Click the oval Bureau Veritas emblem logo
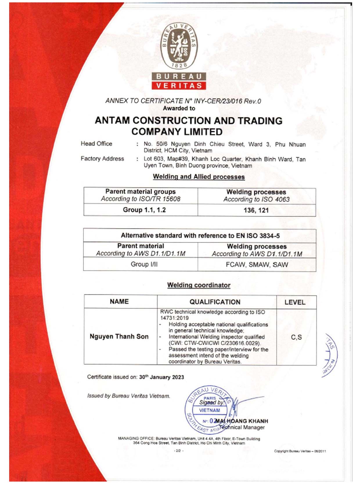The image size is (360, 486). pyautogui.click(x=179, y=46)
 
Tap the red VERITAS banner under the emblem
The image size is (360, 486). pyautogui.click(x=179, y=86)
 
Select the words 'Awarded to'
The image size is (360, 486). pyautogui.click(x=179, y=109)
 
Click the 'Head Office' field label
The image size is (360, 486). pyautogui.click(x=96, y=144)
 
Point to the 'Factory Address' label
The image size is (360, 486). pyautogui.click(x=102, y=159)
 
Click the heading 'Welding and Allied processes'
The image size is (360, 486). pyautogui.click(x=199, y=177)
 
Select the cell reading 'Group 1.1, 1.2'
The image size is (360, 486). pyautogui.click(x=144, y=210)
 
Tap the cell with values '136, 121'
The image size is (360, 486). pyautogui.click(x=256, y=210)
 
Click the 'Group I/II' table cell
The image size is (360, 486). pyautogui.click(x=144, y=264)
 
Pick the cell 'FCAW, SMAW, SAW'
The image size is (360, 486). pyautogui.click(x=257, y=265)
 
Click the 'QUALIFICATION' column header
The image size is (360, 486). pyautogui.click(x=215, y=302)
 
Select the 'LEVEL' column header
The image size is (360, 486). pyautogui.click(x=295, y=302)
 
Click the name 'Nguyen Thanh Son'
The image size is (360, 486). pyautogui.click(x=119, y=337)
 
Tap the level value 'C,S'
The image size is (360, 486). pyautogui.click(x=296, y=337)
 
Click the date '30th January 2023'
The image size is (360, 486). pyautogui.click(x=161, y=377)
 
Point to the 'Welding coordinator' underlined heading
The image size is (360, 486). pyautogui.click(x=199, y=285)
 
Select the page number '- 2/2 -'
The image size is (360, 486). pyautogui.click(x=179, y=451)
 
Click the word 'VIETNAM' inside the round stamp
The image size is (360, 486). pyautogui.click(x=209, y=410)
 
